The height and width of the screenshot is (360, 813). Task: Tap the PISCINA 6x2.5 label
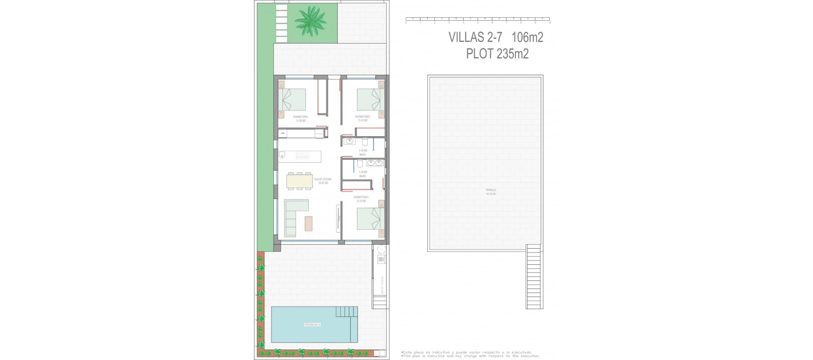coord(312,325)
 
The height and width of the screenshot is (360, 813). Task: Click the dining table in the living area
coord(299,181)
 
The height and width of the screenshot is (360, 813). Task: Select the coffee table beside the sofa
coord(309,224)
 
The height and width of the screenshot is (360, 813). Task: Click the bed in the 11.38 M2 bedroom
coord(294,100)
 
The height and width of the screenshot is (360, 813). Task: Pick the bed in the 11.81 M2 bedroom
coord(368,100)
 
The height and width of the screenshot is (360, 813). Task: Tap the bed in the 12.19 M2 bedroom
coord(368,219)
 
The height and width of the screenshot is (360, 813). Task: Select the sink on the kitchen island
coord(282,155)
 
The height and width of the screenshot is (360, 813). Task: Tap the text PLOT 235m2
coord(497,54)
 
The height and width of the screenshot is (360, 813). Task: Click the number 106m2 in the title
coord(527,37)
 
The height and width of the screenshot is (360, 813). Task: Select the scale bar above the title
coord(478,19)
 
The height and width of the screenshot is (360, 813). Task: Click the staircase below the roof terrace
coord(534,277)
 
